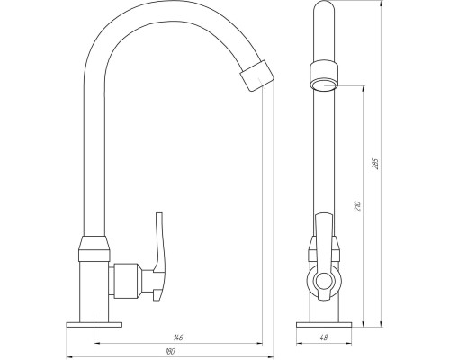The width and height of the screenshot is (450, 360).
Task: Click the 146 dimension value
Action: pos(178,337)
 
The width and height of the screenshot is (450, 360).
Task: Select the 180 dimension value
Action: pos(170,351)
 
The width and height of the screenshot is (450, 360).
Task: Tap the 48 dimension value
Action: pos(324,337)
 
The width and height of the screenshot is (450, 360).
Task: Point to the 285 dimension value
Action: pos(376,164)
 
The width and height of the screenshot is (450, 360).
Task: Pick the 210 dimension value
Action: pos(358,206)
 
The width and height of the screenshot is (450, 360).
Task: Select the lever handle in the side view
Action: pos(324,256)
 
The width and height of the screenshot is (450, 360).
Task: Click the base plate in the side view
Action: pos(324,325)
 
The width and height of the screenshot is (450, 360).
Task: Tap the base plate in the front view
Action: pos(94,325)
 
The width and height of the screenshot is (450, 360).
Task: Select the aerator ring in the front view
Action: pos(257,76)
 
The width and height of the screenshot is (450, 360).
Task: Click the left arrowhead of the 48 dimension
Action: pos(299,343)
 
